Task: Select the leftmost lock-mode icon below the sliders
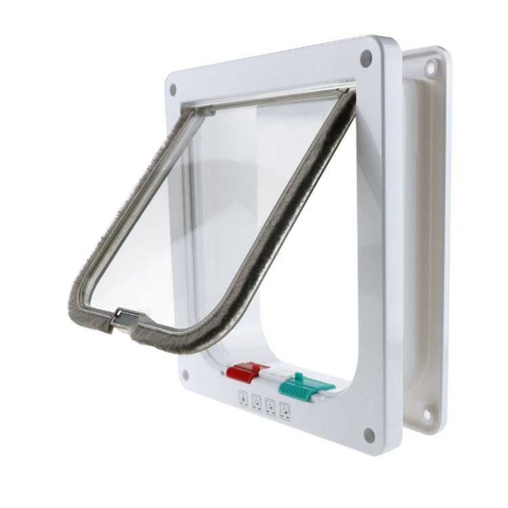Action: click(x=242, y=399)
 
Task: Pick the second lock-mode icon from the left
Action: click(x=256, y=403)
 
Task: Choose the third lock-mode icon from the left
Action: click(x=271, y=406)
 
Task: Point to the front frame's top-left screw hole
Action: click(x=173, y=89)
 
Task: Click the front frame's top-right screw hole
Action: click(x=366, y=57)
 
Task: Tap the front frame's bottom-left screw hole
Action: click(x=183, y=373)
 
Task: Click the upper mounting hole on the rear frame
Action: click(x=429, y=67)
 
